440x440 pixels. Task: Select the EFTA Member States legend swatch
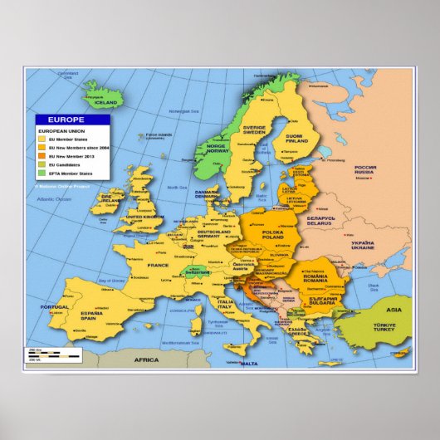(x=39, y=173)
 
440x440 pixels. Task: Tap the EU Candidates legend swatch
(x=39, y=164)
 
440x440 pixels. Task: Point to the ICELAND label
(x=105, y=103)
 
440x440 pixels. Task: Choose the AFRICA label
(x=147, y=359)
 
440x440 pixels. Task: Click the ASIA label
(x=393, y=310)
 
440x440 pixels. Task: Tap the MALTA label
(x=247, y=364)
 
